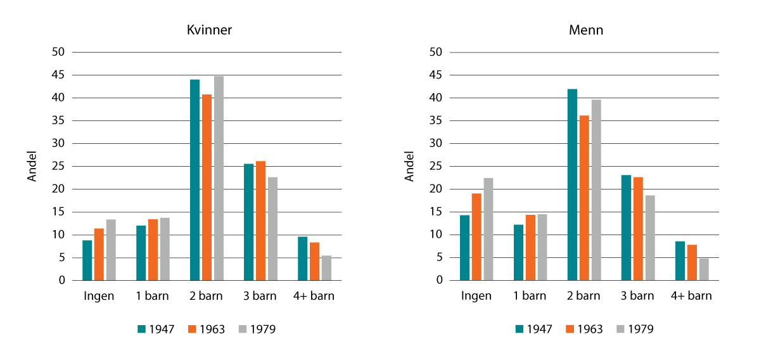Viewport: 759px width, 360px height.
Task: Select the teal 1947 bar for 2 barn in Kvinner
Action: coord(195,179)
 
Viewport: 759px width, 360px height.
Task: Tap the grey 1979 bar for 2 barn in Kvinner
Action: coord(219,178)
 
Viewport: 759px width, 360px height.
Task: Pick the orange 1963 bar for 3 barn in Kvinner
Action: coord(260,221)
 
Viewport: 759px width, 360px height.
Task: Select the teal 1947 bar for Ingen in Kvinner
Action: coord(87,260)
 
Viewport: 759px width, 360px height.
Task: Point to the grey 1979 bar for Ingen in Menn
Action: coord(488,229)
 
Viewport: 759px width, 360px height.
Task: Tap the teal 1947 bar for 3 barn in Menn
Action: coord(626,228)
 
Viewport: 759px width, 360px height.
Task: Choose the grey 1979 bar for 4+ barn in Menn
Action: coord(704,269)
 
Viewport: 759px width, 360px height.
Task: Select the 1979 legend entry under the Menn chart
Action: coord(634,329)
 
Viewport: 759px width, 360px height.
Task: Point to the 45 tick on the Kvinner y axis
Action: coord(58,75)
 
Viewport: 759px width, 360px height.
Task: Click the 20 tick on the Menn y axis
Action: coord(436,189)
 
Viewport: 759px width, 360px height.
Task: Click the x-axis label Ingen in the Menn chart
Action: coord(476,296)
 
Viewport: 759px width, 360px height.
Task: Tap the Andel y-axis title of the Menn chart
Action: coord(410,166)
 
